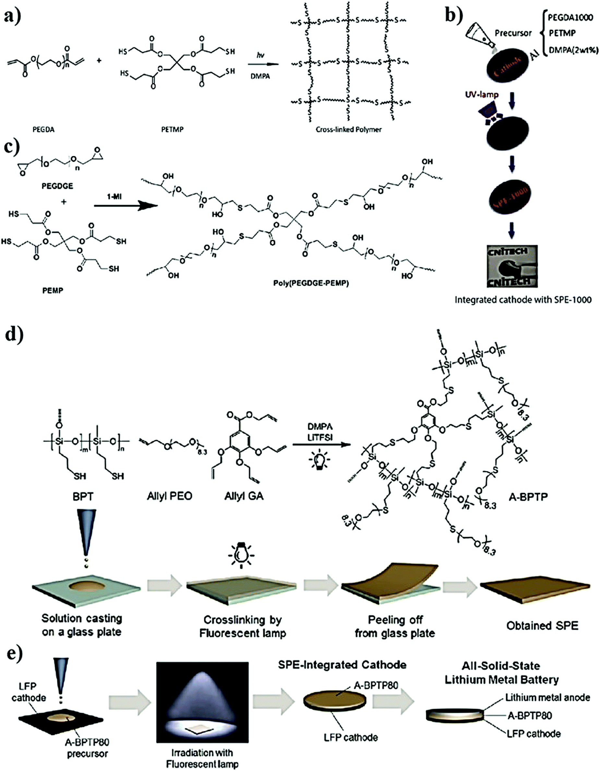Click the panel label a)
12,17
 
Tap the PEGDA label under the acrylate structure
43,130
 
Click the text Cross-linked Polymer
348,130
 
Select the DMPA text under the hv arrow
260,76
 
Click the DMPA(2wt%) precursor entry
573,50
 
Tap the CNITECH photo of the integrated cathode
512,266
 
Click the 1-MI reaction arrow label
114,196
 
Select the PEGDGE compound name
57,186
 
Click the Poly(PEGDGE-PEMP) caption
311,283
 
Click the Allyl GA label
244,496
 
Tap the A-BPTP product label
528,497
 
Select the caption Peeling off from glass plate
395,626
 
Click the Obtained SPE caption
542,626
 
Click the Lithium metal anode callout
547,698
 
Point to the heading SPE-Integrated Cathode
342,665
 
